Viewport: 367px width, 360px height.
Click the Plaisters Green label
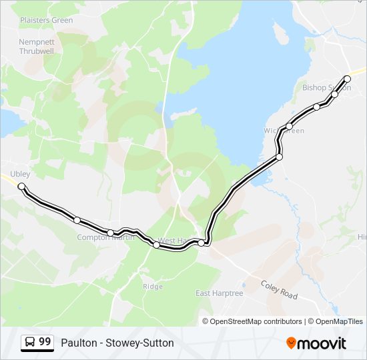(46, 20)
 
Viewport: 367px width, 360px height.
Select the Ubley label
(20, 174)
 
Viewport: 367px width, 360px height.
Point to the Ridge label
(152, 286)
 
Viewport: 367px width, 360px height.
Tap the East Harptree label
(220, 293)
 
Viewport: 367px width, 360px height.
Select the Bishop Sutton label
(326, 87)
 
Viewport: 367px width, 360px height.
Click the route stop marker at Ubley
(21, 186)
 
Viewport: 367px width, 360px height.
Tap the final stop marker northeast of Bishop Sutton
(347, 79)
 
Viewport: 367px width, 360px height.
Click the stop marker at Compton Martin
(111, 233)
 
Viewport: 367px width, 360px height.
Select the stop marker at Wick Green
(290, 127)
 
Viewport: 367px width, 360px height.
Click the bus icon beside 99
(30, 343)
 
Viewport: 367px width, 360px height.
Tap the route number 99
(45, 342)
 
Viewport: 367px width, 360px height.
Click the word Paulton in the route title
(77, 343)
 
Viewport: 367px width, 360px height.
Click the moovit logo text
(322, 343)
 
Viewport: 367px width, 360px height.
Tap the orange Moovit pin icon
(291, 343)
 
